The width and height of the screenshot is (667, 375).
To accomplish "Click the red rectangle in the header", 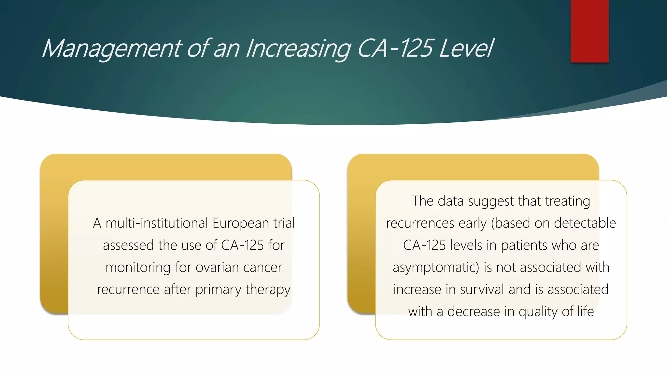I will click(589, 31).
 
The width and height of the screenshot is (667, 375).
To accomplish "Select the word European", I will click(241, 223).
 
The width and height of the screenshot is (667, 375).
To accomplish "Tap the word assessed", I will click(129, 245).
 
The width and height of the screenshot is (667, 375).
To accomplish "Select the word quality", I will click(538, 312).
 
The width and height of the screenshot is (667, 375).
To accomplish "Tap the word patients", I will click(520, 245).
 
